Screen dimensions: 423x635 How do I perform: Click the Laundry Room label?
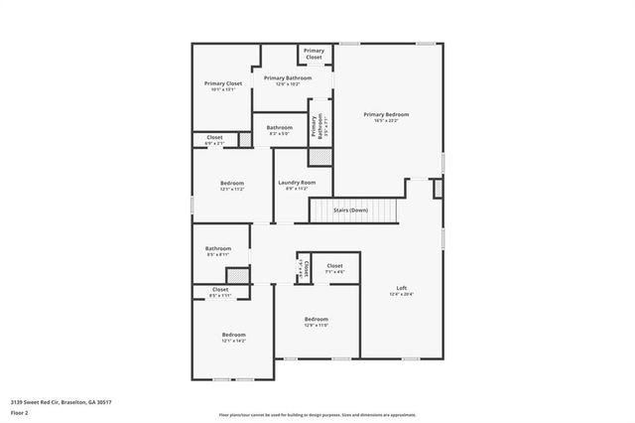click(296, 183)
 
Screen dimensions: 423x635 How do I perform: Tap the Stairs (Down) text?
click(350, 211)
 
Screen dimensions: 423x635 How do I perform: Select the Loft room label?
click(401, 289)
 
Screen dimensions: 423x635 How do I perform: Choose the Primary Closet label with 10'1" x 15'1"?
click(223, 84)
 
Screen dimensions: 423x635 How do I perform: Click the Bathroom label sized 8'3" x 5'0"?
click(279, 128)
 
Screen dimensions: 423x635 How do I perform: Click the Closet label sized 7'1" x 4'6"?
click(334, 266)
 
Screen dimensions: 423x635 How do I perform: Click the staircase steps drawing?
click(354, 211)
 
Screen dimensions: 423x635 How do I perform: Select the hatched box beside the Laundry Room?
click(319, 156)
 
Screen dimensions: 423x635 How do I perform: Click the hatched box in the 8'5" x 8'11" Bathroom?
click(237, 275)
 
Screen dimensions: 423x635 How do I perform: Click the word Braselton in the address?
click(79, 402)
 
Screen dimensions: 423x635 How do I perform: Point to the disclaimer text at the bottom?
click(317, 415)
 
